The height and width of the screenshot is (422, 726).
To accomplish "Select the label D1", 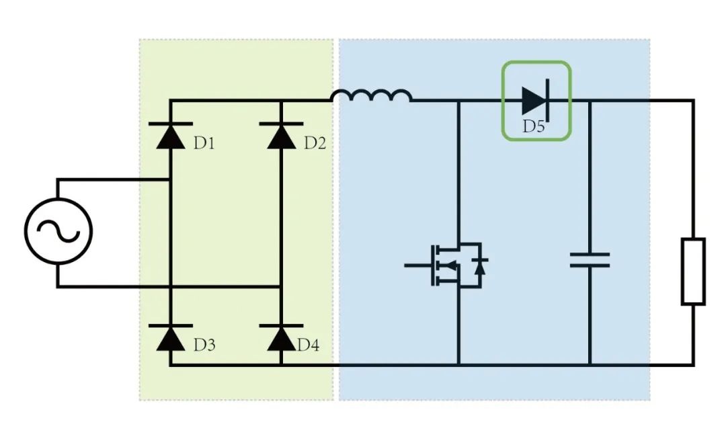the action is (204, 143).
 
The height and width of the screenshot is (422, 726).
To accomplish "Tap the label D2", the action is (315, 143).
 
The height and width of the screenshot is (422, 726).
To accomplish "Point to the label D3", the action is (204, 345).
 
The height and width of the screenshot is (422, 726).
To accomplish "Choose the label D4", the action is (308, 345).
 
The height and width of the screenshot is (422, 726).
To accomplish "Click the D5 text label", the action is (533, 126).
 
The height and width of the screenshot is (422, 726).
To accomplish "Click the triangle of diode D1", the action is (171, 137).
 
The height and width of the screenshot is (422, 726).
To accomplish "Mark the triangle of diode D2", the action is (282, 137).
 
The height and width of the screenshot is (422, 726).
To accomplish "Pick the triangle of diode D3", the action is (171, 339).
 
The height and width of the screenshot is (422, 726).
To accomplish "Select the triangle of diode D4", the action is (282, 339).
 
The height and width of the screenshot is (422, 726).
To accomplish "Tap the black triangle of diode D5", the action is (533, 100).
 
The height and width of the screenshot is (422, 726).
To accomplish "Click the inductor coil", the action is (371, 95).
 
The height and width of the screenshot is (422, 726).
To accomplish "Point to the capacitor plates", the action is (590, 259).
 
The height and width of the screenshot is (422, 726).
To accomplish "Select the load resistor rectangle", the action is (693, 271).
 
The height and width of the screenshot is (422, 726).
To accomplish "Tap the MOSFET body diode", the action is (480, 267).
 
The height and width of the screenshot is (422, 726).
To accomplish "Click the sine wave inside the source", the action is (58, 231).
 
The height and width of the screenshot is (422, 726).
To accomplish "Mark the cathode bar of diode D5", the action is (547, 100).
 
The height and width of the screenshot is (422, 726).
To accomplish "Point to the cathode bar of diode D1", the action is (171, 124).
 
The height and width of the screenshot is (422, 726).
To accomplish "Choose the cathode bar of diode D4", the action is (282, 325).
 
